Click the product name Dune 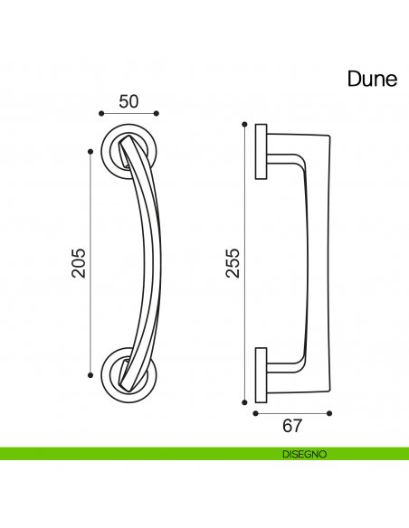click(x=372, y=79)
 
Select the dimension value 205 click(x=79, y=262)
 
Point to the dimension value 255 click(x=233, y=262)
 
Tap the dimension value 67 click(x=291, y=426)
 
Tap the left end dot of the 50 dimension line click(x=100, y=113)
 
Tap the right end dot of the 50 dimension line click(x=157, y=113)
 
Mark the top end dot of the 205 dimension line click(x=90, y=151)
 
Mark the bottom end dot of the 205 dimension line click(x=90, y=373)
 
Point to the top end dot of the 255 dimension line click(x=244, y=123)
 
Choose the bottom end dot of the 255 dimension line click(x=244, y=401)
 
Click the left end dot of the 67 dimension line click(x=255, y=411)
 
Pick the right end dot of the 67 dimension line click(x=328, y=411)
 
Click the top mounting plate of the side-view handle click(x=261, y=151)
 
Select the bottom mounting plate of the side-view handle click(x=261, y=372)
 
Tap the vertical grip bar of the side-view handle click(x=319, y=262)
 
